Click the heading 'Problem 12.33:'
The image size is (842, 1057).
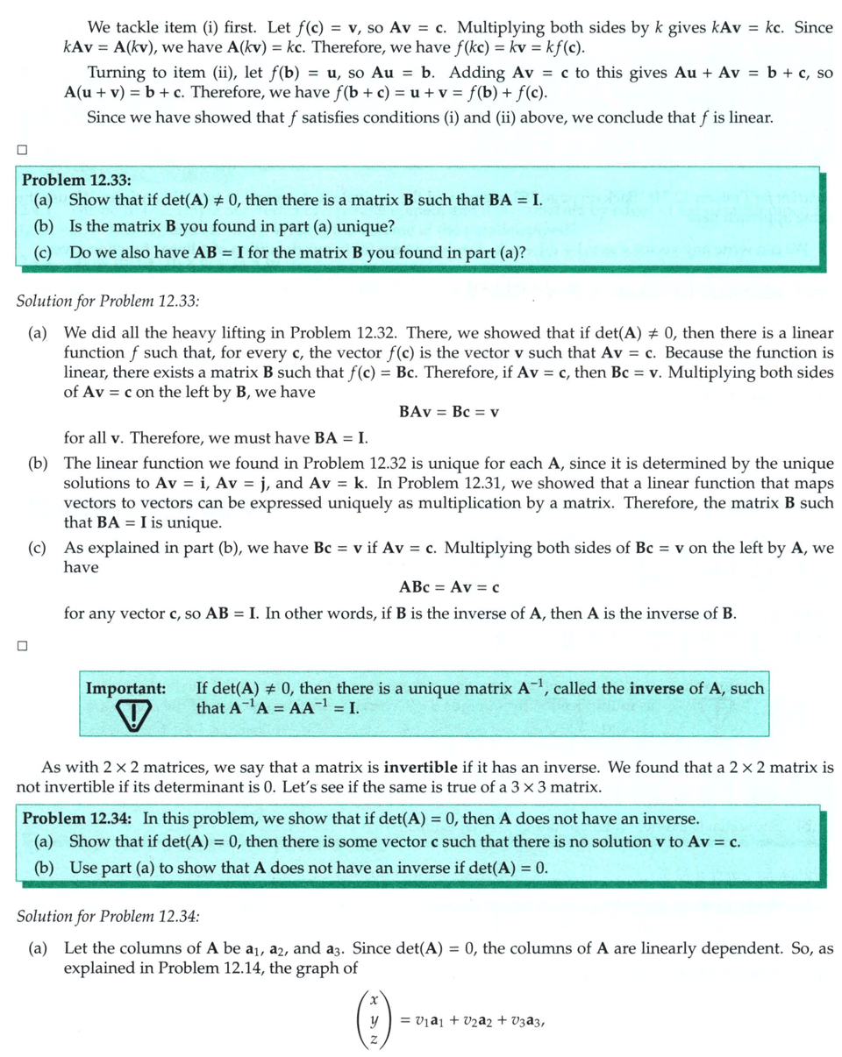pyautogui.click(x=76, y=181)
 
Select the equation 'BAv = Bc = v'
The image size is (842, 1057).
pyautogui.click(x=449, y=412)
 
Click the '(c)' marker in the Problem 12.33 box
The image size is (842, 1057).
pyautogui.click(x=43, y=252)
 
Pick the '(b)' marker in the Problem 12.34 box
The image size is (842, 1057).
pyautogui.click(x=43, y=869)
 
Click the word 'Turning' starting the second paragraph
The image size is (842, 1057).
pyautogui.click(x=118, y=73)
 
